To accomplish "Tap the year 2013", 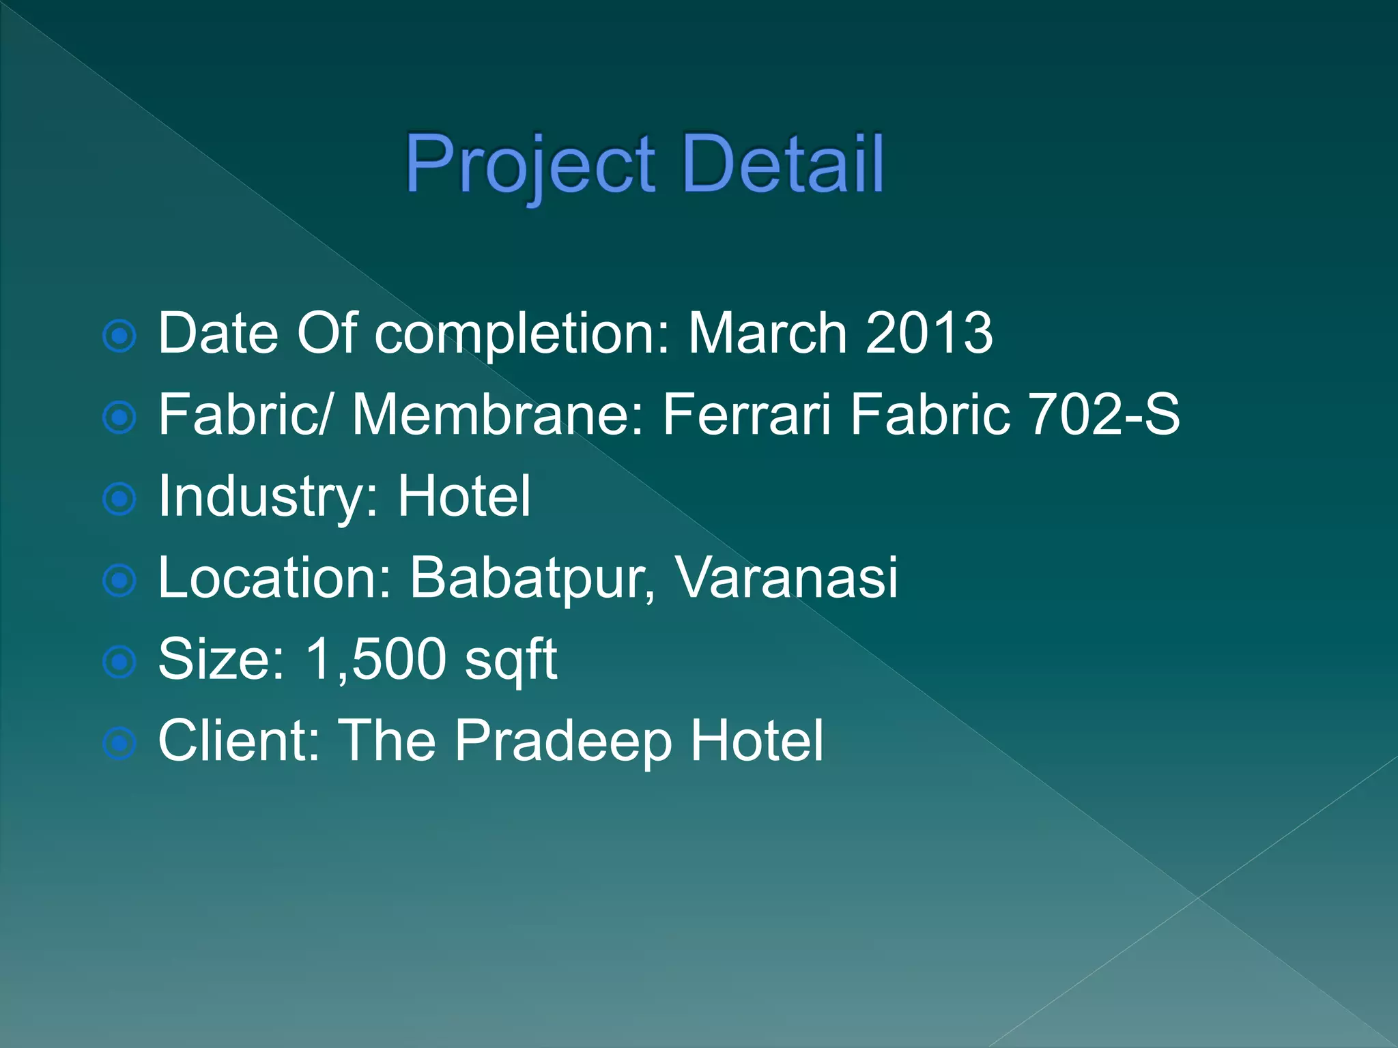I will [929, 333].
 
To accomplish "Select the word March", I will [767, 333].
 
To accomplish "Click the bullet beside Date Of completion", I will [120, 336].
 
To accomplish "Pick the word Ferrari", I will [747, 414].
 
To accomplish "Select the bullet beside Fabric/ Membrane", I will [120, 417].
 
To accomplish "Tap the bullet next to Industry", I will [120, 499].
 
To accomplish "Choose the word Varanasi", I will [786, 578].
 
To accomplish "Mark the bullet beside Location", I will [120, 581].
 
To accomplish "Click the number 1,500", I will [375, 659].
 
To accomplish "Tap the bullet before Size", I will [120, 662].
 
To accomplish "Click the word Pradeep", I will [563, 742].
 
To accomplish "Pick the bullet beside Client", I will [120, 743].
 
